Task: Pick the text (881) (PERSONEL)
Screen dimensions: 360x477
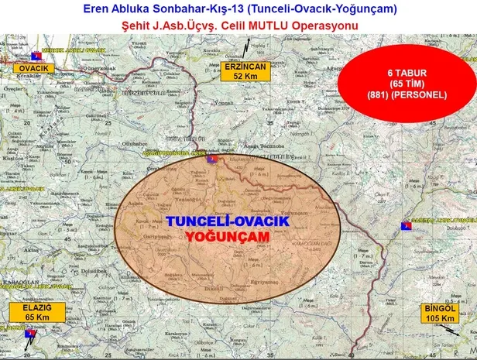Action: [x=407, y=94]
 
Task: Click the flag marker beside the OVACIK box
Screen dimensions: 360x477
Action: [x=35, y=57]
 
